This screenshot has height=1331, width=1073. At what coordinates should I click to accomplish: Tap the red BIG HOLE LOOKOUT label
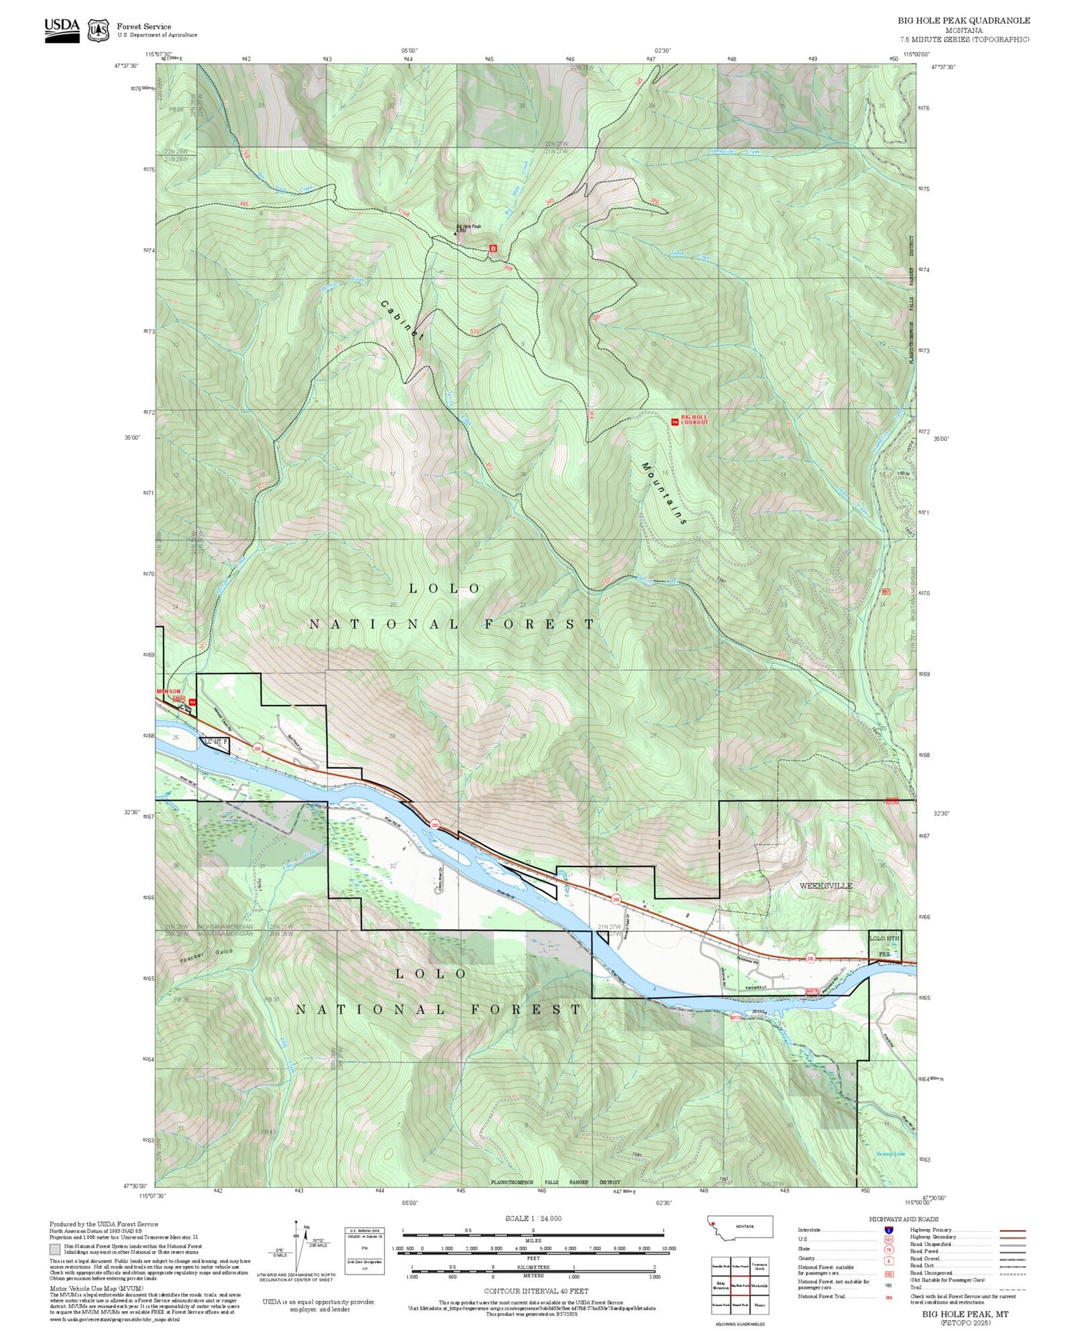(x=694, y=420)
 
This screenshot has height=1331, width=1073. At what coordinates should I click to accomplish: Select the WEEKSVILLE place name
(x=825, y=886)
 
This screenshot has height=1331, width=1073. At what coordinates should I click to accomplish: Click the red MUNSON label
(x=169, y=691)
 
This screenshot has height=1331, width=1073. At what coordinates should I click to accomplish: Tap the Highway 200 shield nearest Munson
(x=258, y=748)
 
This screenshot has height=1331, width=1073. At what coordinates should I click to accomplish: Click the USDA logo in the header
(x=62, y=29)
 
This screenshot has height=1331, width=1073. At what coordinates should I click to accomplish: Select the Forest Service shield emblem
(x=98, y=30)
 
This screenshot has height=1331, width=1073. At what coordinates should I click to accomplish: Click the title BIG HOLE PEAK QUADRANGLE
(x=964, y=21)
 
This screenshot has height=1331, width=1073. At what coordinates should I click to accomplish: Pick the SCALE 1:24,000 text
(x=533, y=1218)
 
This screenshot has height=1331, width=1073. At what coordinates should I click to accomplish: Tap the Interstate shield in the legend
(x=888, y=1229)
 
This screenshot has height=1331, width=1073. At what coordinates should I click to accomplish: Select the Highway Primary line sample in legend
(x=1008, y=1231)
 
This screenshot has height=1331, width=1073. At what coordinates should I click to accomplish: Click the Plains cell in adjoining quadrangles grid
(x=759, y=1305)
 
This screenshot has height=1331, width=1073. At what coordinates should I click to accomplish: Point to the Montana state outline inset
(x=740, y=1227)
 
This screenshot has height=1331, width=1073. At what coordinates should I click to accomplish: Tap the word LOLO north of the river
(x=444, y=588)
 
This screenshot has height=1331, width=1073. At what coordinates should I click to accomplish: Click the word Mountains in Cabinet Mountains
(x=663, y=493)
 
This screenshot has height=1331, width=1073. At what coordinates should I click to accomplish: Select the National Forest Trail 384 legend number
(x=888, y=1296)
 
